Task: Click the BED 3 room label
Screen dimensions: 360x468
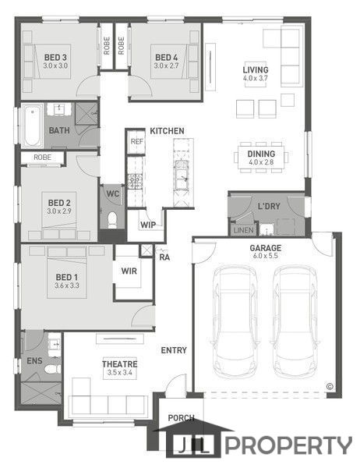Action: [55, 57]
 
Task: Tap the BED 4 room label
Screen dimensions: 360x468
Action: [167, 57]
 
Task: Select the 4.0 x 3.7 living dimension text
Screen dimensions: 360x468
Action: [256, 78]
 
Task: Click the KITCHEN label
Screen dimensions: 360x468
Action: [167, 131]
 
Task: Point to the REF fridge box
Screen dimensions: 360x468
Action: [137, 141]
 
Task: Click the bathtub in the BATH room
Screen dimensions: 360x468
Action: [32, 125]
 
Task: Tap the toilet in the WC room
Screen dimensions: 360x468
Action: [112, 220]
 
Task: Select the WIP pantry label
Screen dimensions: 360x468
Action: [148, 225]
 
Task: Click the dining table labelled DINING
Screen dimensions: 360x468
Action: [261, 158]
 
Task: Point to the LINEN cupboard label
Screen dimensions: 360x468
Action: [244, 230]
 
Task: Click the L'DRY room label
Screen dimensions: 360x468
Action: [269, 206]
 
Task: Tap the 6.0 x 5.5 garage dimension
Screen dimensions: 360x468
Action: [266, 256]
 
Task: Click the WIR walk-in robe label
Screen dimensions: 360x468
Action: [129, 271]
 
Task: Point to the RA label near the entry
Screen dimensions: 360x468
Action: [164, 257]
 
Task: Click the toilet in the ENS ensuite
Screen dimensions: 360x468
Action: [52, 370]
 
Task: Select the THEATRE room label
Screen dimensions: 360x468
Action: [120, 364]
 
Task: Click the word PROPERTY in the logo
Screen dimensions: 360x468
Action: [288, 445]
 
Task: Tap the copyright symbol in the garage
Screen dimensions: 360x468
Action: [330, 387]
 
